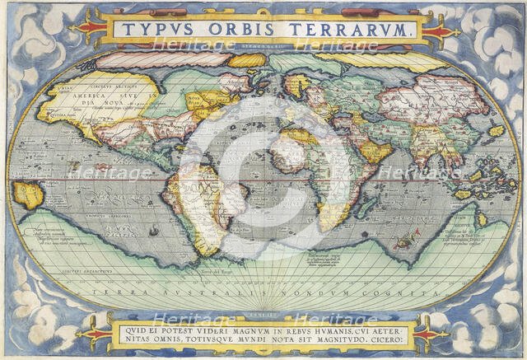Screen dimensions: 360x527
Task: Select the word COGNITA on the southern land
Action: (402, 292)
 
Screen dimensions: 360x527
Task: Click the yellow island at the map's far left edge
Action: (28, 194)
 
